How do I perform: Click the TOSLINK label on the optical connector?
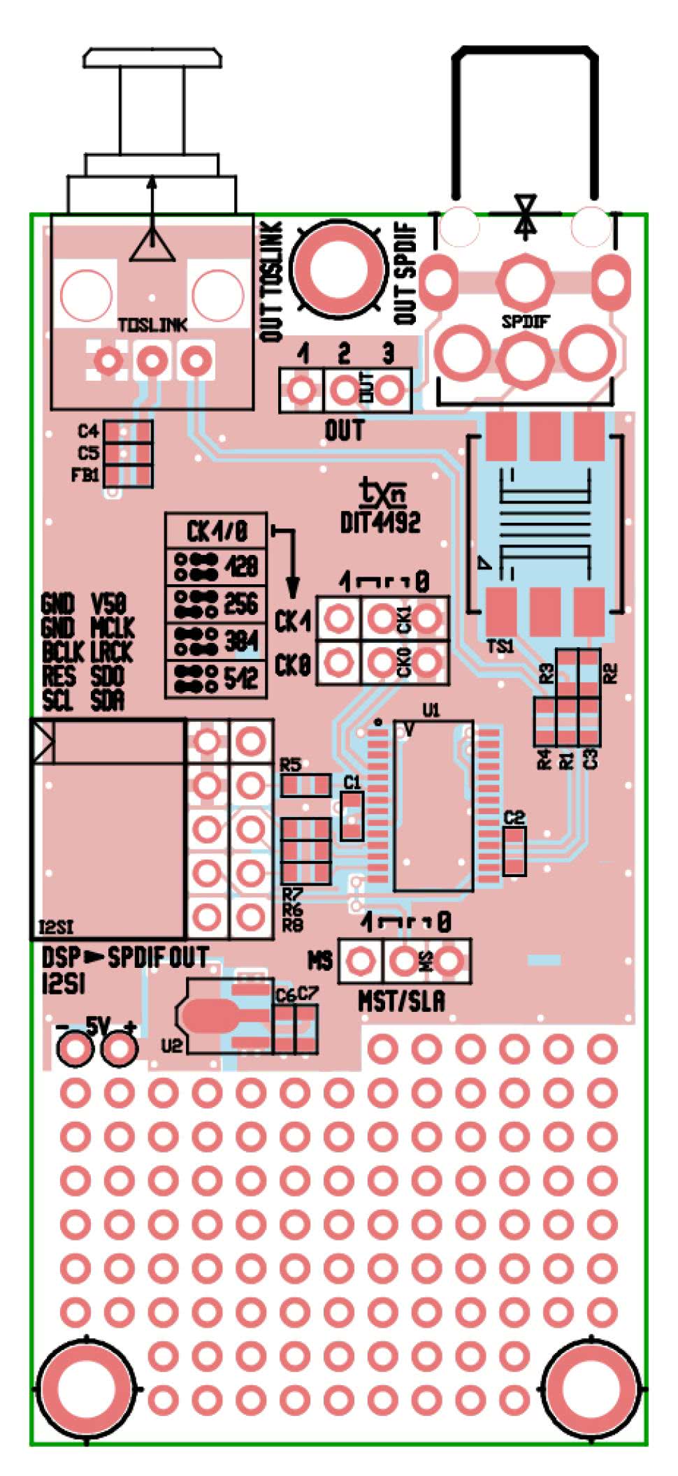pyautogui.click(x=152, y=325)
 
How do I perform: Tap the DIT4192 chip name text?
pyautogui.click(x=380, y=522)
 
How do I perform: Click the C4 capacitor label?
pyautogui.click(x=89, y=430)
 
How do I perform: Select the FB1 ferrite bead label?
pyautogui.click(x=85, y=475)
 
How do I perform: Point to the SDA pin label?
pyautogui.click(x=108, y=700)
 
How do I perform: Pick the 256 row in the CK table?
pyautogui.click(x=216, y=604)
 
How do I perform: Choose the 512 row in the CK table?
pyautogui.click(x=216, y=678)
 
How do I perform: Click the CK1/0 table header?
pyautogui.click(x=216, y=531)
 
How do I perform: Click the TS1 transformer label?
pyautogui.click(x=500, y=646)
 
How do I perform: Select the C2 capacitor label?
pyautogui.click(x=514, y=817)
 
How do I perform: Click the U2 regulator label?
pyautogui.click(x=171, y=1045)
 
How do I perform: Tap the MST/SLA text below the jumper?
pyautogui.click(x=401, y=1002)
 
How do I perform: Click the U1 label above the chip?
pyautogui.click(x=431, y=711)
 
